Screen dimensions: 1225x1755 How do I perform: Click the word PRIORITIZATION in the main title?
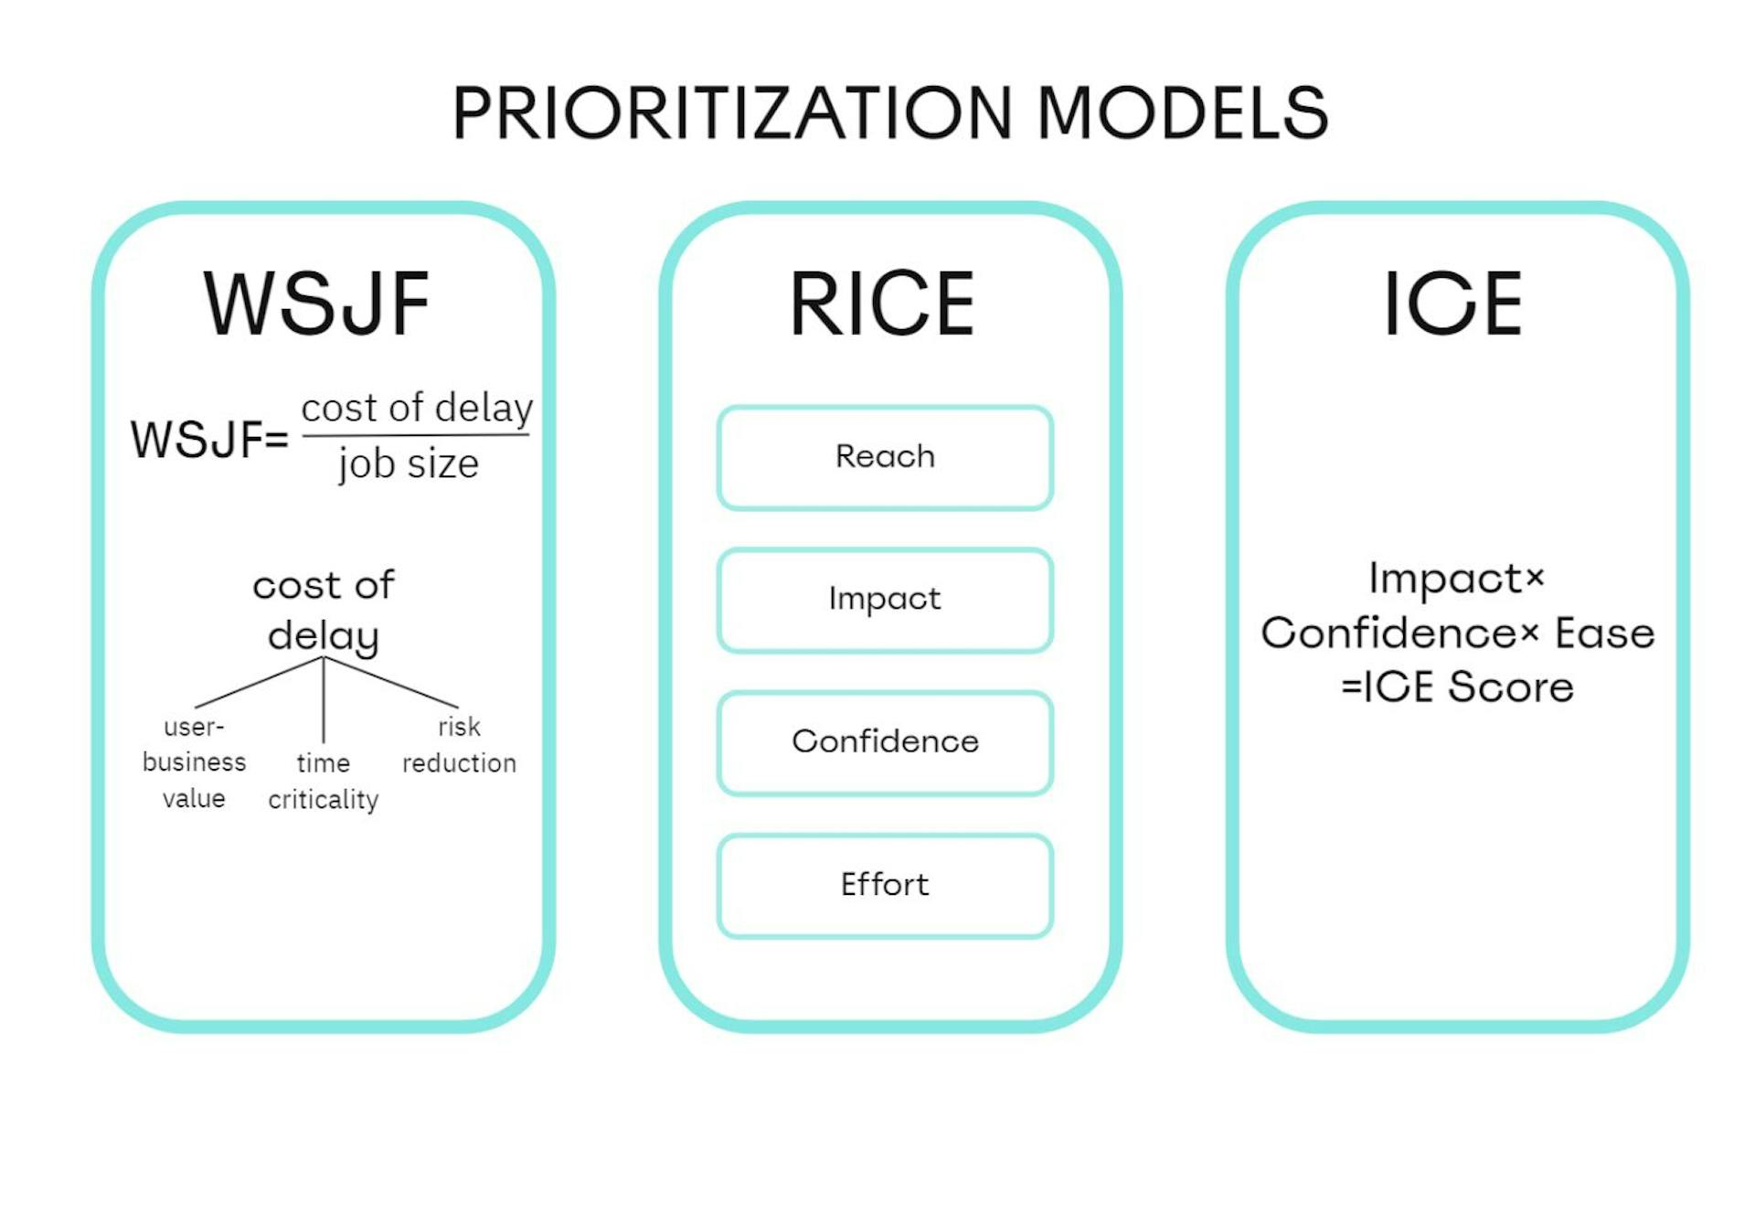pyautogui.click(x=731, y=113)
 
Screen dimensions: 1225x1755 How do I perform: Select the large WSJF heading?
pyautogui.click(x=316, y=304)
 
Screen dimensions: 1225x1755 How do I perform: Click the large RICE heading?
pyautogui.click(x=882, y=304)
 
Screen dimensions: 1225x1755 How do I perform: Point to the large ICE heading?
pyautogui.click(x=1452, y=304)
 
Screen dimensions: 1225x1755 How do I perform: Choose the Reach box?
pyautogui.click(x=885, y=457)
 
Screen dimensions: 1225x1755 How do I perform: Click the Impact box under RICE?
pyautogui.click(x=885, y=600)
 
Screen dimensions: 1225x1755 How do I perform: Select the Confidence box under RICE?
pyautogui.click(x=885, y=742)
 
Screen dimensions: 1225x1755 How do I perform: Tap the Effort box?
pyautogui.click(x=885, y=885)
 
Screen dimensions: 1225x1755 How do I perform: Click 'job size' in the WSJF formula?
pyautogui.click(x=409, y=463)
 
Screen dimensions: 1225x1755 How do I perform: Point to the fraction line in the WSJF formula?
pyautogui.click(x=416, y=435)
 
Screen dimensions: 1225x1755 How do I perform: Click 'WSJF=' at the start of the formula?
pyautogui.click(x=209, y=440)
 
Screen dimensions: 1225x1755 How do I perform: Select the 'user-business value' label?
pyautogui.click(x=194, y=762)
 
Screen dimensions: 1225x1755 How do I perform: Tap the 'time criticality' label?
pyautogui.click(x=323, y=781)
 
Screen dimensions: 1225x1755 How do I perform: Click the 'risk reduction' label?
pyautogui.click(x=459, y=745)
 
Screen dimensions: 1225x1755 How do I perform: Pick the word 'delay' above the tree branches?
pyautogui.click(x=323, y=635)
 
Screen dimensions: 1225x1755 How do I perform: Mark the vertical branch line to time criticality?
pyautogui.click(x=324, y=704)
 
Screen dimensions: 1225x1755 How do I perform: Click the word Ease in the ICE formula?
pyautogui.click(x=1604, y=634)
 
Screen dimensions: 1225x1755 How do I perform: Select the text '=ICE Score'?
pyautogui.click(x=1457, y=687)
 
